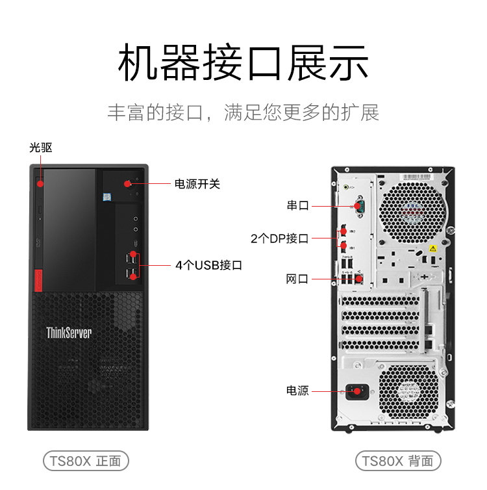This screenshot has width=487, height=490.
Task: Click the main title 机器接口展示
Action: [x=243, y=63]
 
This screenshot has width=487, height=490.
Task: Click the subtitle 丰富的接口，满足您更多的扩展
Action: [x=243, y=112]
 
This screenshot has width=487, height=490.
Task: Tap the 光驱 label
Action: [x=40, y=148]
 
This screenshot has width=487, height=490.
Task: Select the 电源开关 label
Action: [x=197, y=184]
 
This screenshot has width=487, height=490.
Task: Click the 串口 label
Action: [x=298, y=205]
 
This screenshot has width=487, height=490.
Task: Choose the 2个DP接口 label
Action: [x=279, y=239]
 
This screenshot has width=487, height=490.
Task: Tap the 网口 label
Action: [x=297, y=279]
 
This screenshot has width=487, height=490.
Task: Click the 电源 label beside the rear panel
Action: [x=297, y=391]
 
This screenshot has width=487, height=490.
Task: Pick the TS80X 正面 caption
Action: [x=86, y=461]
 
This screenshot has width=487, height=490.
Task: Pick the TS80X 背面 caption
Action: [x=398, y=461]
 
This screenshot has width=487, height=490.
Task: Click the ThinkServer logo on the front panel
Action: [x=69, y=333]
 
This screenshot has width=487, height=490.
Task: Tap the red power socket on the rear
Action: [x=356, y=392]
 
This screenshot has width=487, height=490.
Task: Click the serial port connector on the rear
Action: [x=358, y=207]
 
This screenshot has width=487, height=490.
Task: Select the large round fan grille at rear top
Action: [x=413, y=207]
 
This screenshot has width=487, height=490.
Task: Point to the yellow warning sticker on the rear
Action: [x=432, y=248]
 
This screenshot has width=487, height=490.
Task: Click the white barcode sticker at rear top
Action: [x=416, y=177]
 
